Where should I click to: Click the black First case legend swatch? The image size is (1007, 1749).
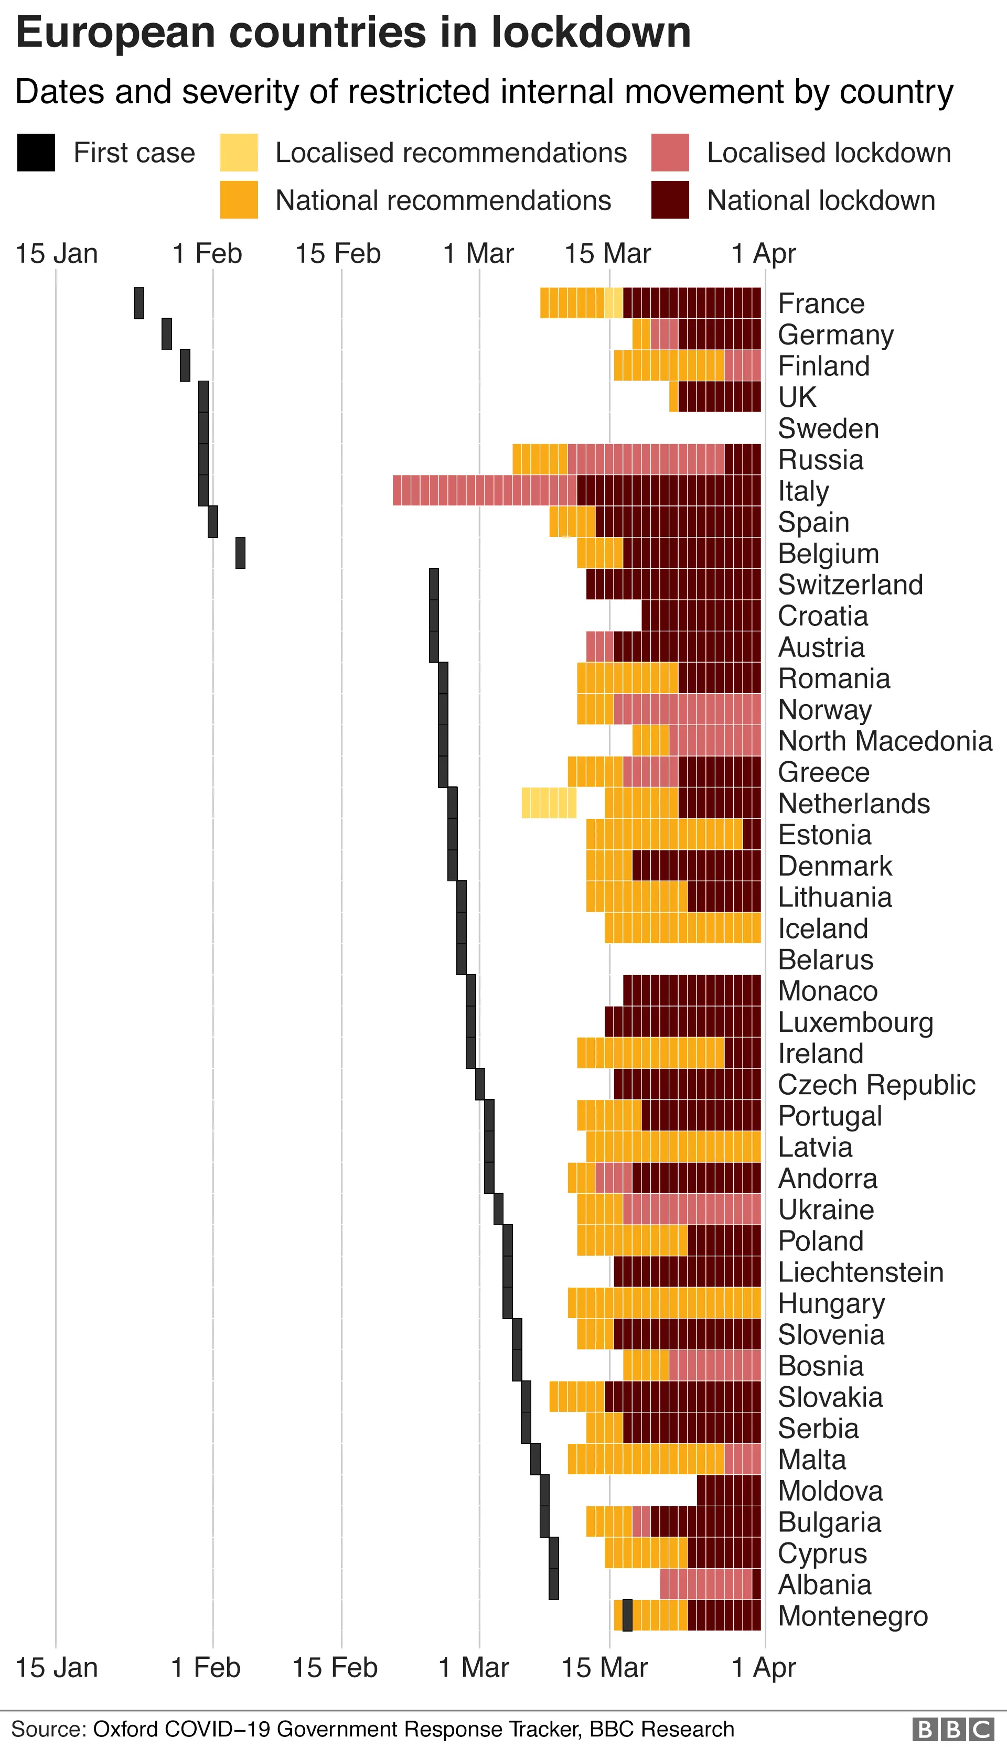(36, 152)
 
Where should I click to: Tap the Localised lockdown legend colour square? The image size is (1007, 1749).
(669, 152)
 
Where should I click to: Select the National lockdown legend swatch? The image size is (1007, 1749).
(669, 200)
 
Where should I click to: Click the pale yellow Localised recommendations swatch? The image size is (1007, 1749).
(239, 152)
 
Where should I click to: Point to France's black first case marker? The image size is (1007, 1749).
(139, 303)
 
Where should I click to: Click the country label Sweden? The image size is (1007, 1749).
(828, 429)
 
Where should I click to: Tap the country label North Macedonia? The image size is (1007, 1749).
(885, 741)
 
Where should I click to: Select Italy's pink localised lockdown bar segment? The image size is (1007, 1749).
(484, 490)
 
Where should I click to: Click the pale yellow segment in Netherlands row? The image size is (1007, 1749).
(549, 803)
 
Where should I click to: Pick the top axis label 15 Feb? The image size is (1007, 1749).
(338, 254)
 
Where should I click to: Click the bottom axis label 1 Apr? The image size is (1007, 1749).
(764, 1667)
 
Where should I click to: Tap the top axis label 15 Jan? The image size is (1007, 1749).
(57, 254)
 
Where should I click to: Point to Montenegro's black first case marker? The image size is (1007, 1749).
(627, 1616)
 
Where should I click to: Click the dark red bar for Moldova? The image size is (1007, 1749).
(729, 1491)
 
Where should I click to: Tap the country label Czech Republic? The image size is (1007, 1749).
(875, 1085)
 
